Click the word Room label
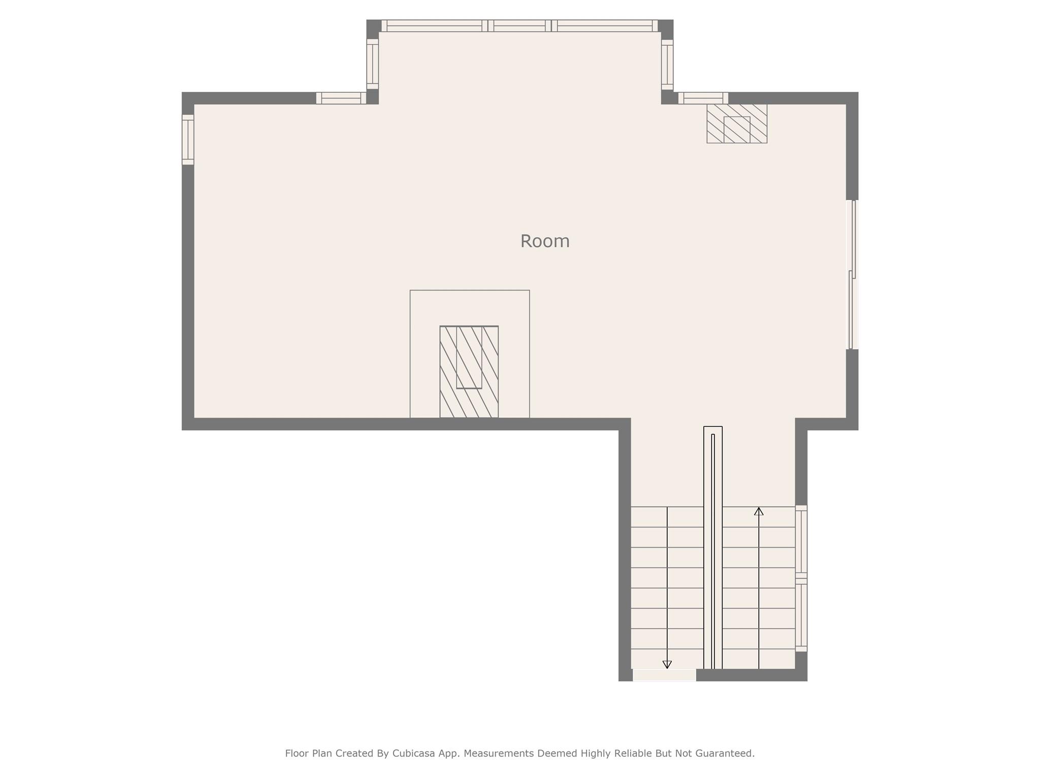(544, 241)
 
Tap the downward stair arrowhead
(667, 664)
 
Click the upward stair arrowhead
(759, 511)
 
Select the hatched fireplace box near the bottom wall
(469, 372)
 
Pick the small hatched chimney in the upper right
(736, 123)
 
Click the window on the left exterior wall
(188, 140)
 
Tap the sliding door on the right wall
(852, 274)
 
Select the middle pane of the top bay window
(519, 26)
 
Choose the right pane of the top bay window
(604, 26)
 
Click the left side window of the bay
(372, 64)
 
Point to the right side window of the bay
(667, 64)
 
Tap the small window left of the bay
(341, 98)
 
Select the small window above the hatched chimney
(703, 98)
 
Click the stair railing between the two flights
(712, 548)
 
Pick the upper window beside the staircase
(801, 541)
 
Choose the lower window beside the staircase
(801, 615)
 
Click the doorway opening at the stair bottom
(664, 675)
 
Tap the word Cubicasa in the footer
(413, 753)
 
